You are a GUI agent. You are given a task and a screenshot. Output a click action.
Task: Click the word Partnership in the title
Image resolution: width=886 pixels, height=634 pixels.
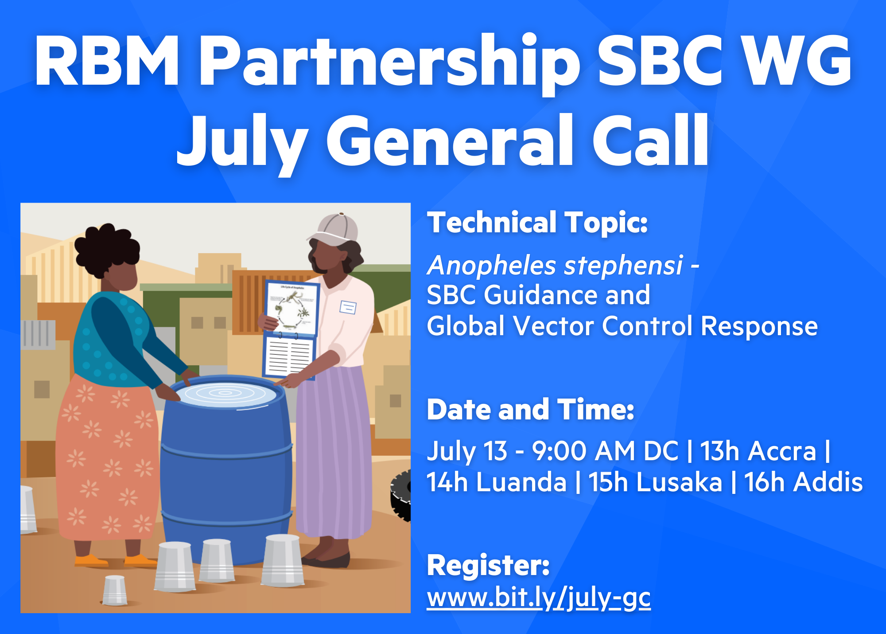tap(390, 62)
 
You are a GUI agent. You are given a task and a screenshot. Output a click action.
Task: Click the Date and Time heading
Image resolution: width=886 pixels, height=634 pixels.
tap(531, 409)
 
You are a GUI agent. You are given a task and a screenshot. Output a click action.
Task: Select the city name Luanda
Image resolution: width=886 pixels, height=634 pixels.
tap(521, 482)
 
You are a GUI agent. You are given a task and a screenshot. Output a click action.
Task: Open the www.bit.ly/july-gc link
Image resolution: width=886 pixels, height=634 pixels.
tap(539, 598)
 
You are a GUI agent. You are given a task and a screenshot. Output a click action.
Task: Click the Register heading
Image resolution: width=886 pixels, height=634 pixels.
tap(489, 566)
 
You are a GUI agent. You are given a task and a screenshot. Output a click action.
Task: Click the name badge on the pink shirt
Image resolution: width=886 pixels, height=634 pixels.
tap(348, 307)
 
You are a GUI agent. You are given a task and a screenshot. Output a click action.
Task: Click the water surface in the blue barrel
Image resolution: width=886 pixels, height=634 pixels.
tap(226, 394)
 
